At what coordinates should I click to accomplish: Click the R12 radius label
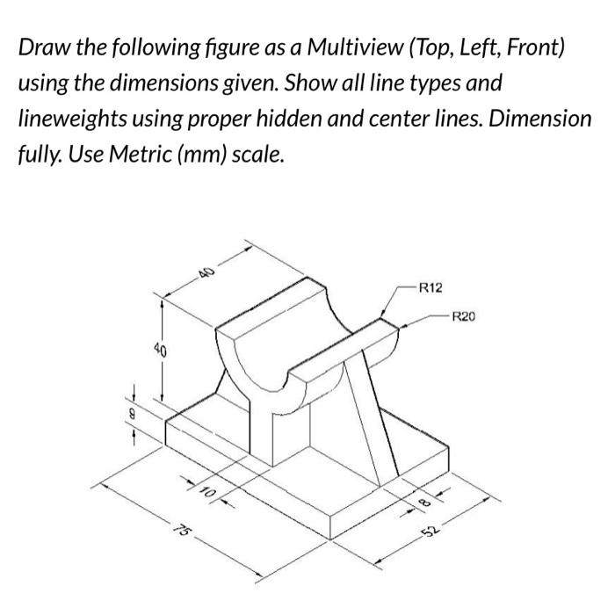tap(431, 286)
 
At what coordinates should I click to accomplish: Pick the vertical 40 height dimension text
tap(158, 351)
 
